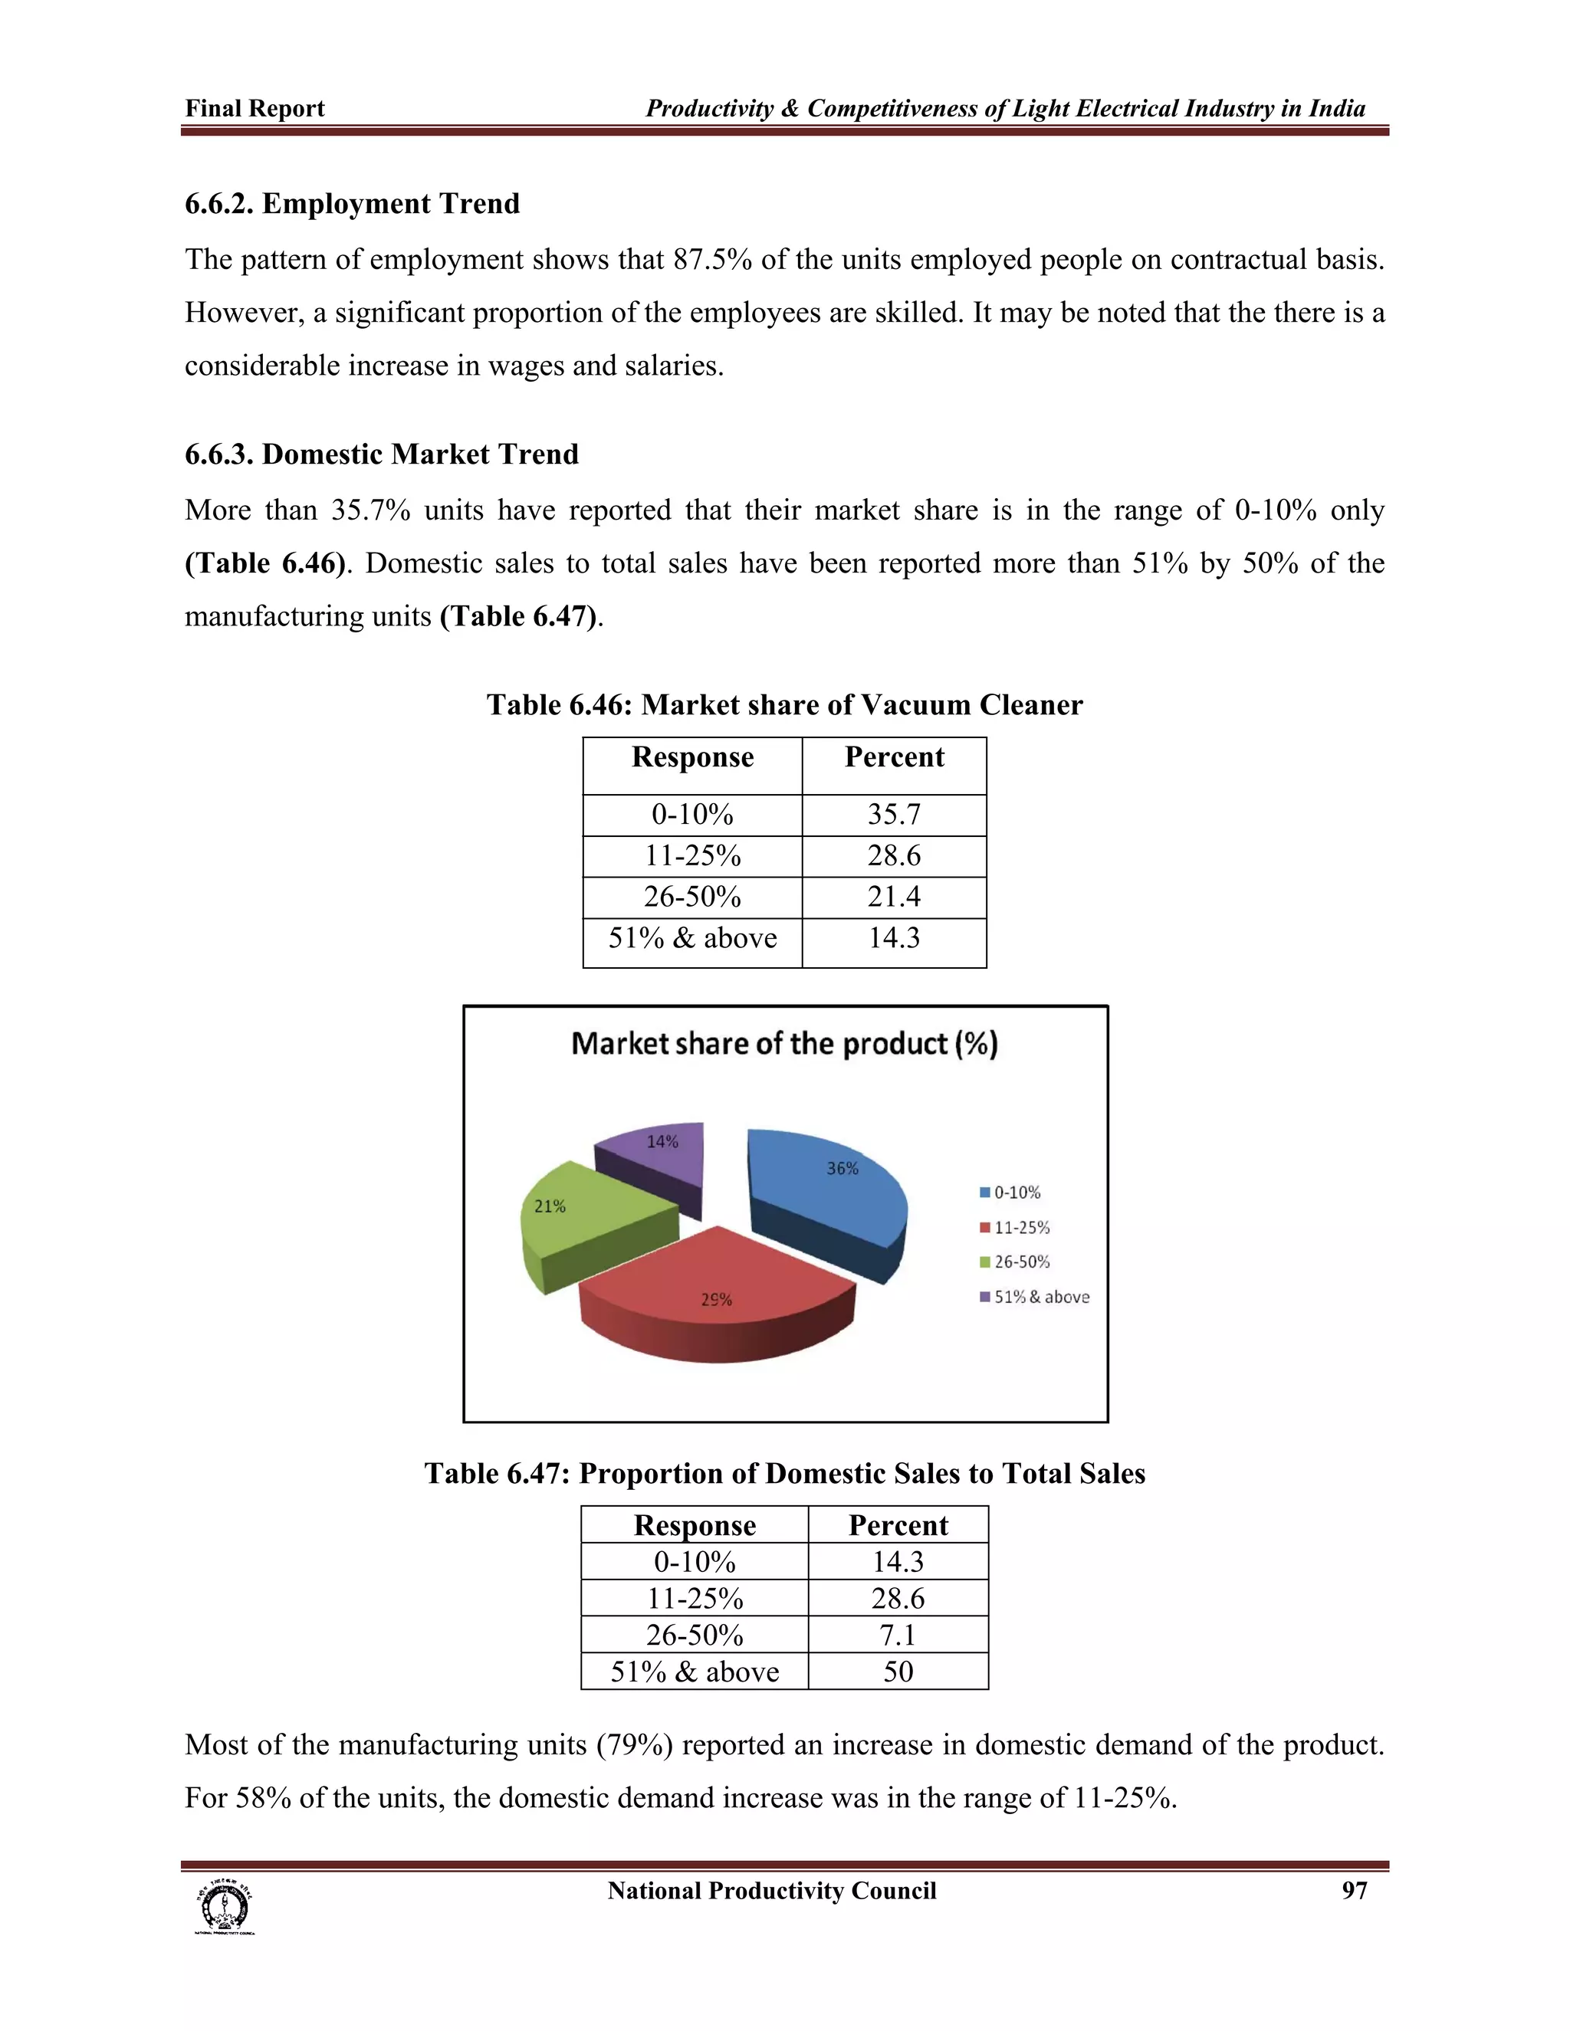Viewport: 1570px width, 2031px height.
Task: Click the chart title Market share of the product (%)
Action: tap(784, 1043)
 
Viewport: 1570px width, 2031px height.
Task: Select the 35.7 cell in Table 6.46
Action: tap(894, 815)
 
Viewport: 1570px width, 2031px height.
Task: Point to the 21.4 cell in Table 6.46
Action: tap(894, 897)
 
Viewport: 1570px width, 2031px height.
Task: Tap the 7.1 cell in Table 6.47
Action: tap(898, 1635)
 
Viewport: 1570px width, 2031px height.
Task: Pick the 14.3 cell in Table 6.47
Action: tap(898, 1561)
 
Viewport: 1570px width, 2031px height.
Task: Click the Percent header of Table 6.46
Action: tap(894, 757)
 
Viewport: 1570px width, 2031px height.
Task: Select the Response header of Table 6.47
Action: tap(694, 1525)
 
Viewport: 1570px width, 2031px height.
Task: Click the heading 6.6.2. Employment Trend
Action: tap(353, 204)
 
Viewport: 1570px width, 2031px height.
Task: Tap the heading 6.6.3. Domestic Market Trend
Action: tap(381, 454)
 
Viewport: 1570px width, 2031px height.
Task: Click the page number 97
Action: tap(1355, 1891)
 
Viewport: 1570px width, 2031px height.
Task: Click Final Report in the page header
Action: tap(255, 109)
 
